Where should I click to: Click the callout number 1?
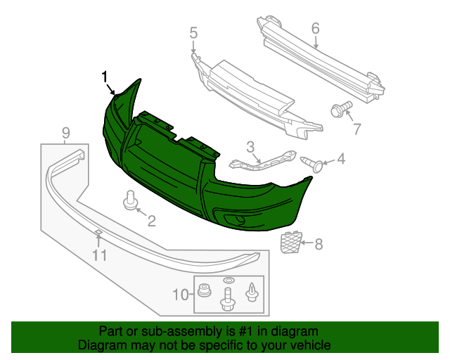coord(105,76)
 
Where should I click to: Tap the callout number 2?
coord(151,221)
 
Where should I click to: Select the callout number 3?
coord(250,146)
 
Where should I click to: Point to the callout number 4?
coord(341,160)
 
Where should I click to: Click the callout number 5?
coord(193,32)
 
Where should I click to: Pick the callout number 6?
coord(315,28)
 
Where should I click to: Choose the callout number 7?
coord(356,129)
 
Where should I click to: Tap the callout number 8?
coord(319,245)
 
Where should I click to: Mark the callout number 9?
coord(65,132)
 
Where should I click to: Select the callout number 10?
coord(180,294)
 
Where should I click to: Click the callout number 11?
coord(100,256)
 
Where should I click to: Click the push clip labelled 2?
coord(130,200)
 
